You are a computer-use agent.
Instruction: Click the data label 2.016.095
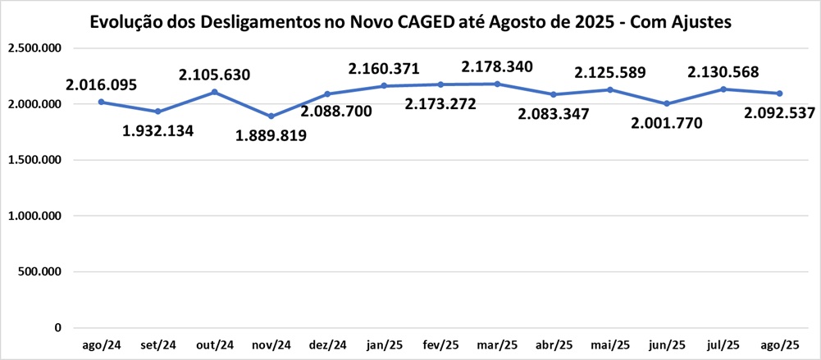point(102,84)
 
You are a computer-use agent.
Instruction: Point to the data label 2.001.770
point(668,124)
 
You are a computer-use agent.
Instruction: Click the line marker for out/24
point(214,92)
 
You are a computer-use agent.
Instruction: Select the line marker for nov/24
point(271,116)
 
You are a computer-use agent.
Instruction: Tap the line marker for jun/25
point(667,103)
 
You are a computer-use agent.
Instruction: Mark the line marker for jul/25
point(723,89)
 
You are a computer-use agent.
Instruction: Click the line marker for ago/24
point(101,102)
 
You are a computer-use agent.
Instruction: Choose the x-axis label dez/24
point(328,345)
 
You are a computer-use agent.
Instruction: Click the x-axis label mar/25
point(498,345)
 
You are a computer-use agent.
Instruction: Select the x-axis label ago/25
point(781,345)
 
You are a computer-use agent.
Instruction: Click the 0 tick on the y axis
point(57,328)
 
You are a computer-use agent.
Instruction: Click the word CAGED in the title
point(399,21)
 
